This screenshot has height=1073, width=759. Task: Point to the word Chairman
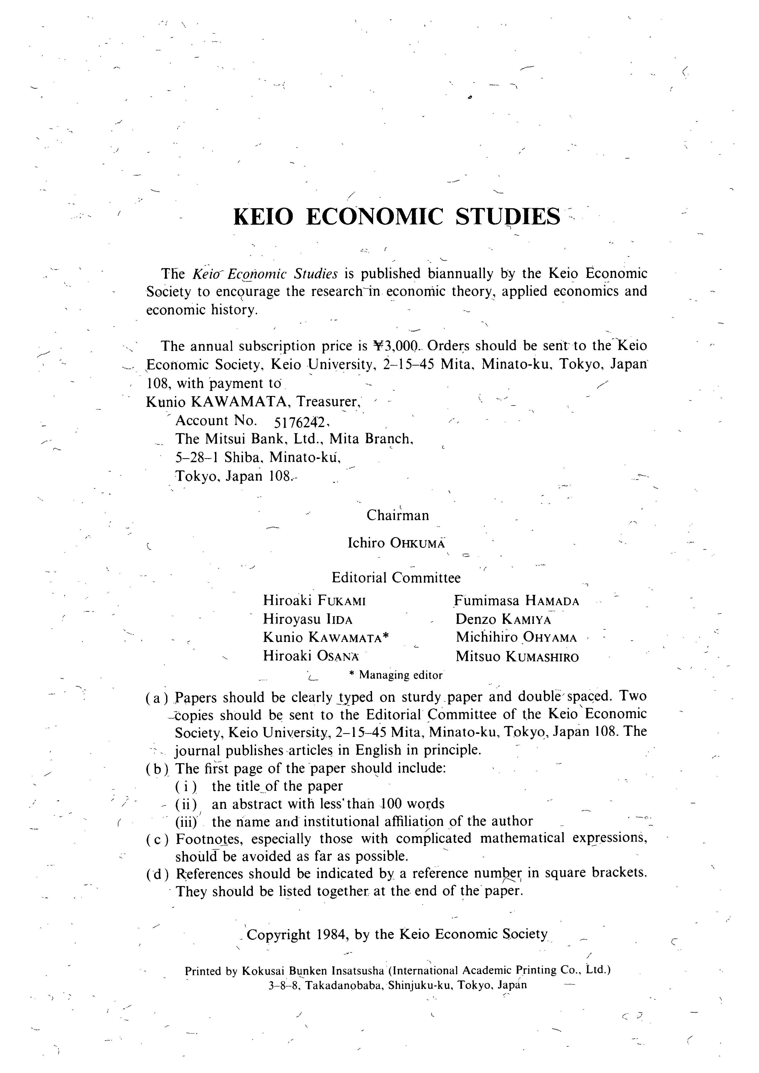click(x=398, y=515)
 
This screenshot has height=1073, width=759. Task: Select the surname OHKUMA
click(x=417, y=544)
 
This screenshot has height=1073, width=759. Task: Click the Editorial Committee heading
click(x=396, y=578)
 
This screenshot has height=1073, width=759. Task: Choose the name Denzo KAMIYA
click(x=504, y=620)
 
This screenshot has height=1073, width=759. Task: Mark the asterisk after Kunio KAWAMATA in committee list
click(x=386, y=637)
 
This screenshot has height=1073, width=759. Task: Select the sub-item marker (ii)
click(x=186, y=804)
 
